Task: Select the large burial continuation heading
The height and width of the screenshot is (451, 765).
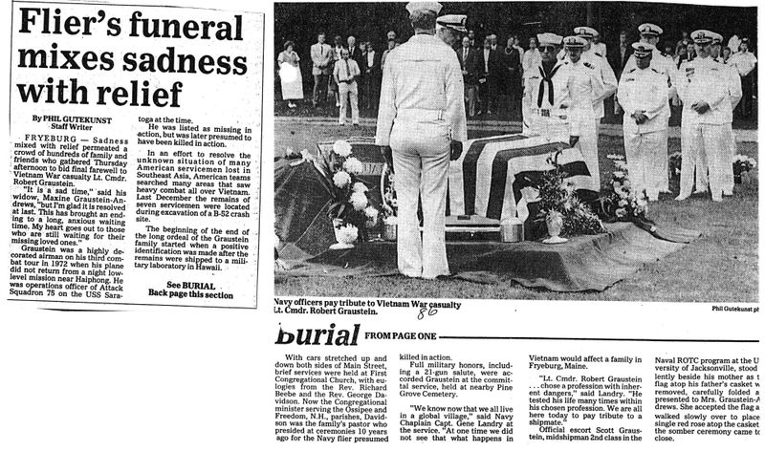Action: [x=317, y=334]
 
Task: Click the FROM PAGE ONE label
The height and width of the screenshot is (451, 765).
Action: [x=401, y=335]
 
